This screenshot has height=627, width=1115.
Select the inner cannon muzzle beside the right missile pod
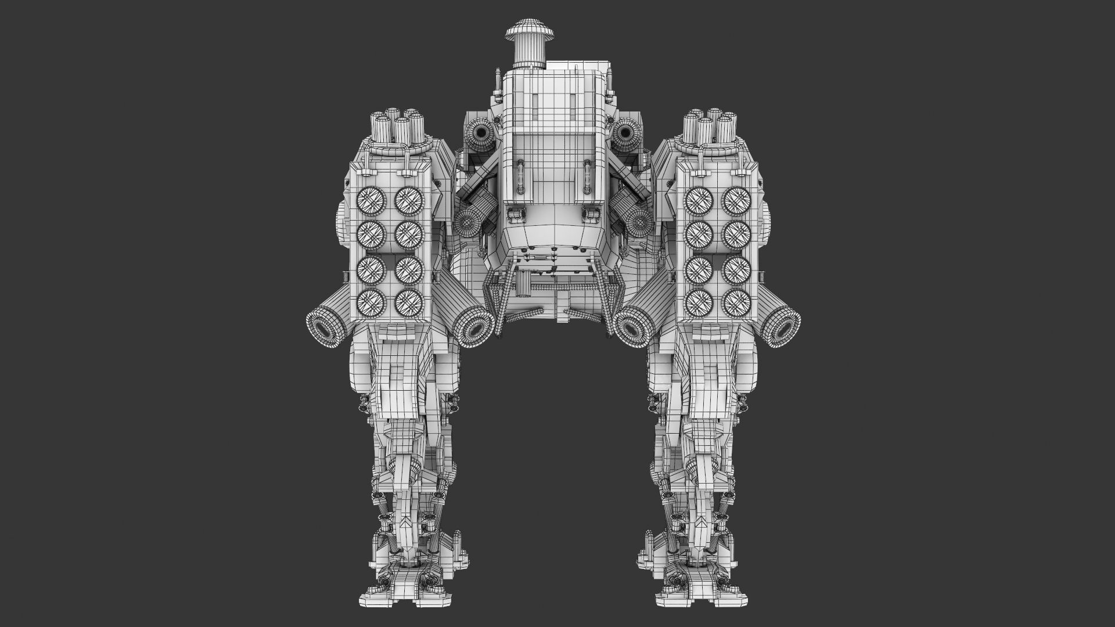pyautogui.click(x=632, y=329)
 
